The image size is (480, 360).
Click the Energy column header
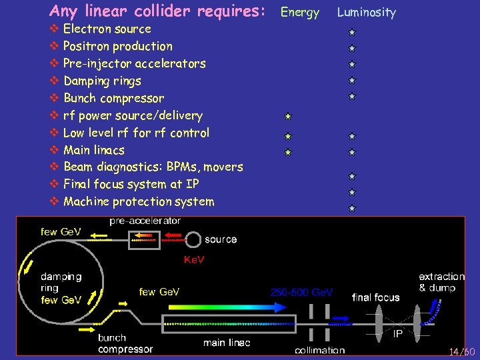coord(299,12)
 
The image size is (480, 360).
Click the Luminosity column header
coord(366,12)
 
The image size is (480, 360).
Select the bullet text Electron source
coord(107,29)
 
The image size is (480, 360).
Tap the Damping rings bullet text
coord(102,81)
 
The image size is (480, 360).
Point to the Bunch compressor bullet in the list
coord(113,99)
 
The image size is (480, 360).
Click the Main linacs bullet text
coord(93,150)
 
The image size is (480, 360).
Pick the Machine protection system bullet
coord(139,201)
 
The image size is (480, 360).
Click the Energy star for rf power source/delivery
coord(286,116)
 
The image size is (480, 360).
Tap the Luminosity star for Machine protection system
coord(351,208)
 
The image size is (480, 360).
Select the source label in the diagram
coord(221,239)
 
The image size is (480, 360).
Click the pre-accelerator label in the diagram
coord(145,221)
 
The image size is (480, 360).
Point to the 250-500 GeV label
coord(301,292)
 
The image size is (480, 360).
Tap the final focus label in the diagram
coord(375,297)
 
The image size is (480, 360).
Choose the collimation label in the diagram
coord(319,350)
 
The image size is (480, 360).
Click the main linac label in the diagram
coord(227,343)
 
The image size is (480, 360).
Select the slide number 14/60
coord(461,351)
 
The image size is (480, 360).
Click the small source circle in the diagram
coord(193,239)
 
